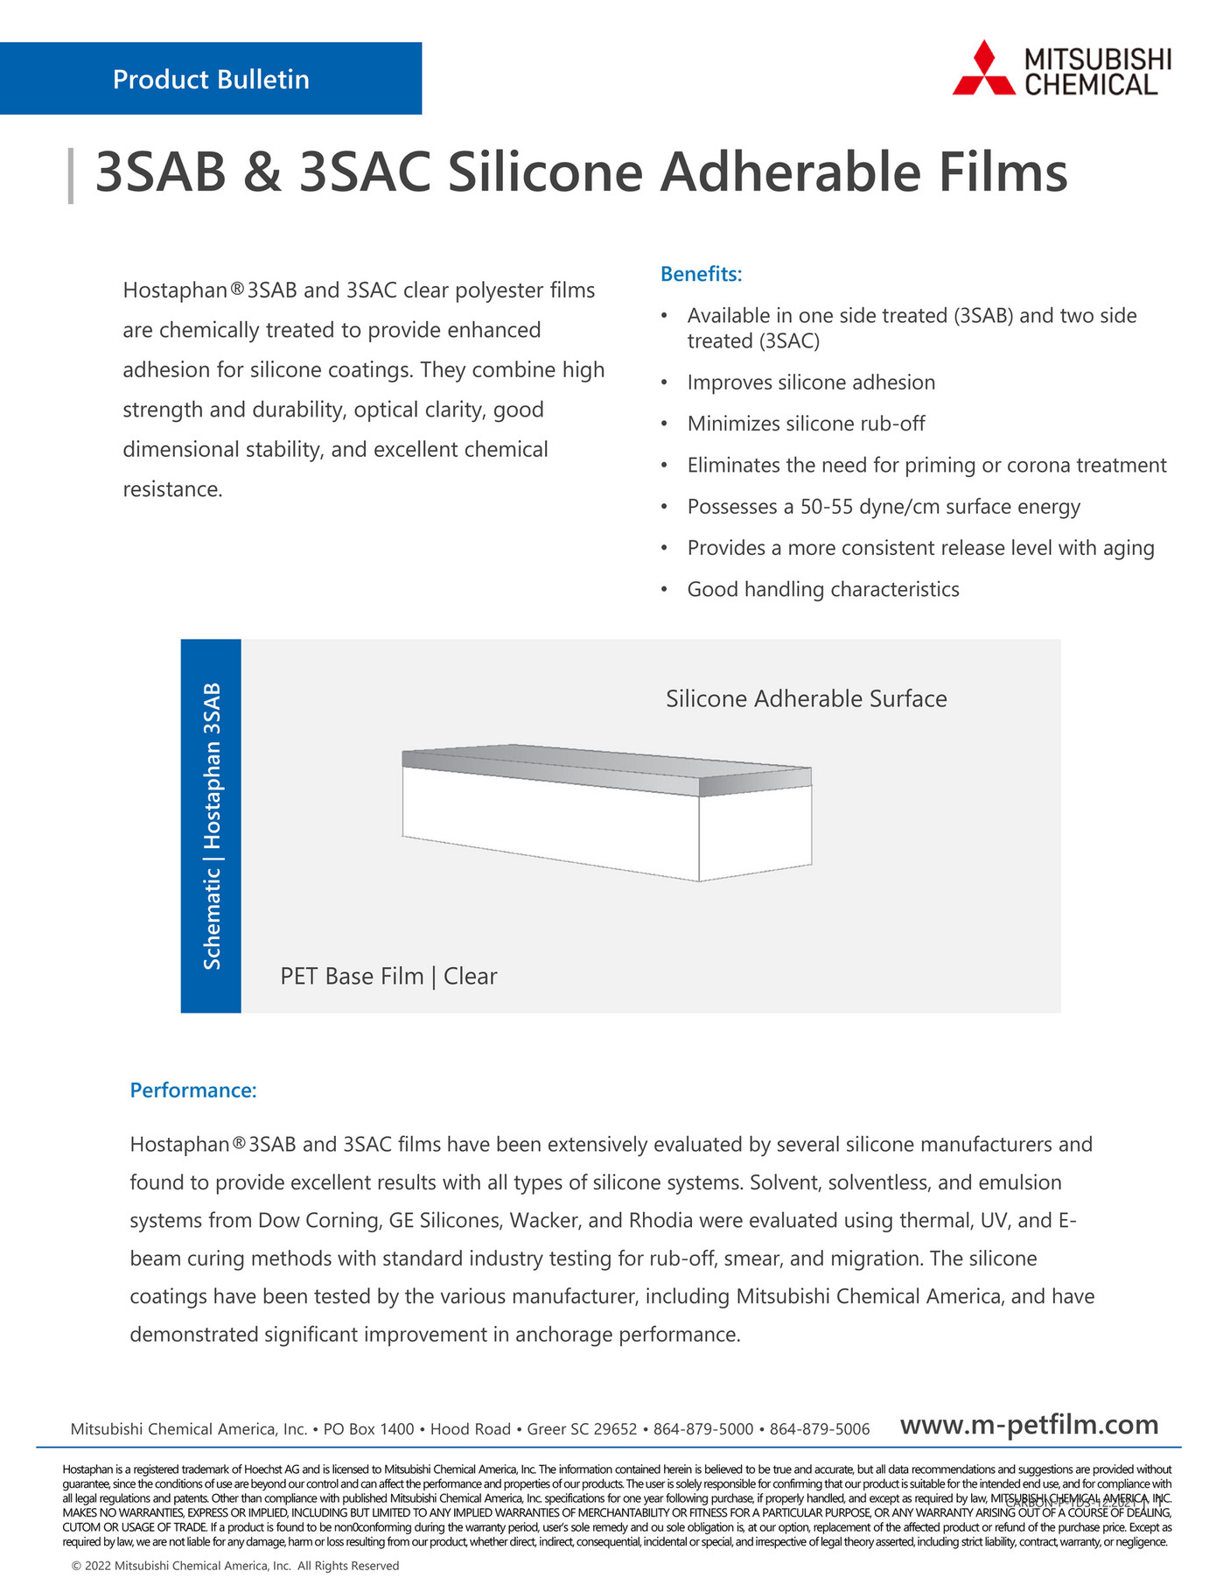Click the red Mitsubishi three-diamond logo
984,68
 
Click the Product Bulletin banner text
211,80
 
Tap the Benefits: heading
701,274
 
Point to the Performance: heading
192,1091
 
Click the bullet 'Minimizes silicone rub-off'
806,424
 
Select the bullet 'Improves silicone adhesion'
811,382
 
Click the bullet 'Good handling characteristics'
823,590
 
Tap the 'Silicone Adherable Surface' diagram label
806,699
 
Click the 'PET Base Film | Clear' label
388,977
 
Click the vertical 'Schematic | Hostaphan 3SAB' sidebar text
212,825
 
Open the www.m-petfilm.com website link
1029,1426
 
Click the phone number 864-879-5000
703,1430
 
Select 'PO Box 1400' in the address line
368,1430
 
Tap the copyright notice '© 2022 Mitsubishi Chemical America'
234,1566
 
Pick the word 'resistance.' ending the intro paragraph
172,489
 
